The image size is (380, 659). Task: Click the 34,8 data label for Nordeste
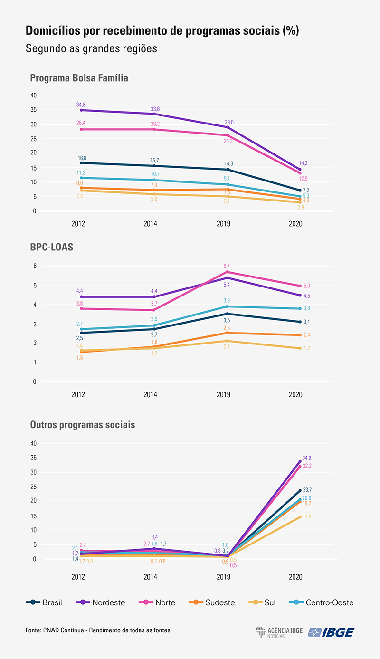click(x=81, y=105)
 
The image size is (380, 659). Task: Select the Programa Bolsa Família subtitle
click(x=79, y=78)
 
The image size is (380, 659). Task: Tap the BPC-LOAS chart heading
click(x=52, y=248)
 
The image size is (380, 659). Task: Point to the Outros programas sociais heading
click(x=83, y=424)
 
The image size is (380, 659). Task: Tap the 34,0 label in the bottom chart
click(x=307, y=458)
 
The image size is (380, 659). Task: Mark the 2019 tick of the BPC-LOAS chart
click(x=223, y=395)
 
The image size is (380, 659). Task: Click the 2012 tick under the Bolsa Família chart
click(x=78, y=223)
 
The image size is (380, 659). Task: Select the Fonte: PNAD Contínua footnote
click(x=97, y=630)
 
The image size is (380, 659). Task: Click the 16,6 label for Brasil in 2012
click(x=83, y=158)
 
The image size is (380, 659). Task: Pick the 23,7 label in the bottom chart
click(x=307, y=490)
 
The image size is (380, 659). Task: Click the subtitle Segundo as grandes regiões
click(x=91, y=48)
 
